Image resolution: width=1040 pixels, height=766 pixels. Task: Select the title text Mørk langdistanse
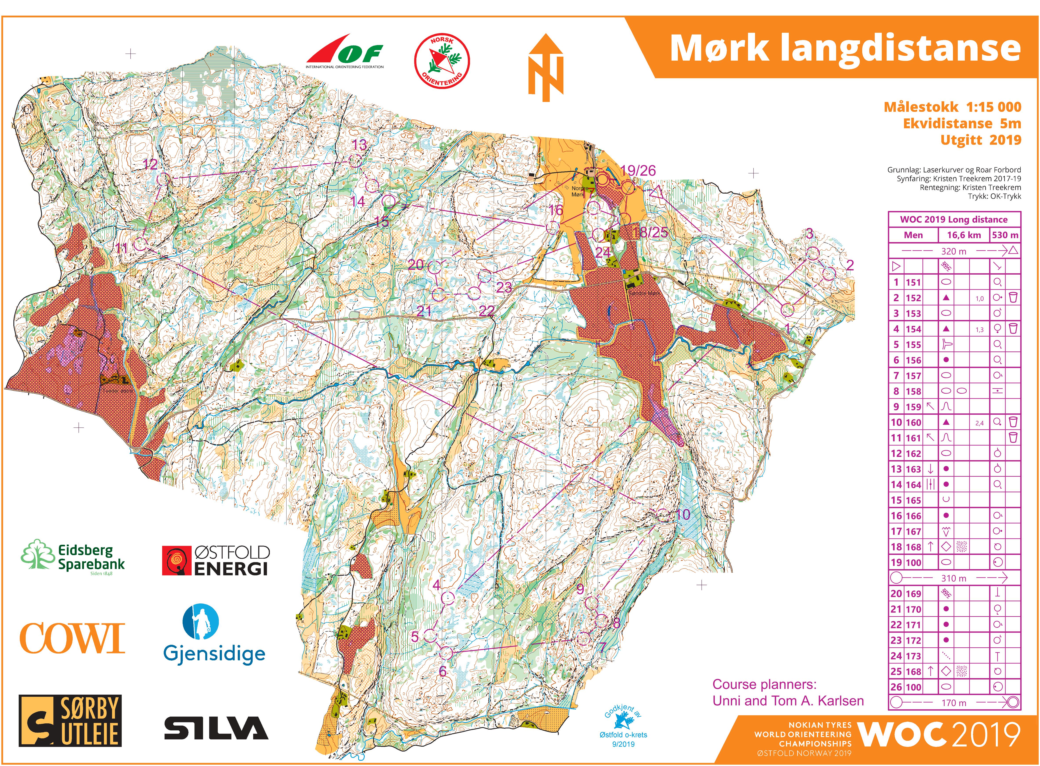[x=845, y=48]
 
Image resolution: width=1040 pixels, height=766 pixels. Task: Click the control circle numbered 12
[x=163, y=179]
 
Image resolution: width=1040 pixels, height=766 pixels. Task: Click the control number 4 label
[x=436, y=585]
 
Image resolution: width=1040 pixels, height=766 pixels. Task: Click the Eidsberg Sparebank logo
[x=73, y=556]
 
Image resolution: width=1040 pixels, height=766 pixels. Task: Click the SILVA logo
[x=216, y=728]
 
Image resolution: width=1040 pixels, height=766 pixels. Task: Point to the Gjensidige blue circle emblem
[x=200, y=621]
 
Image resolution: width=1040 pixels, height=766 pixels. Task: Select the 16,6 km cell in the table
[x=964, y=235]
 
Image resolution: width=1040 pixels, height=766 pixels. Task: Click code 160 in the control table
[x=913, y=422]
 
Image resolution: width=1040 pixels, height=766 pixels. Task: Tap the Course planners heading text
[x=764, y=685]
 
